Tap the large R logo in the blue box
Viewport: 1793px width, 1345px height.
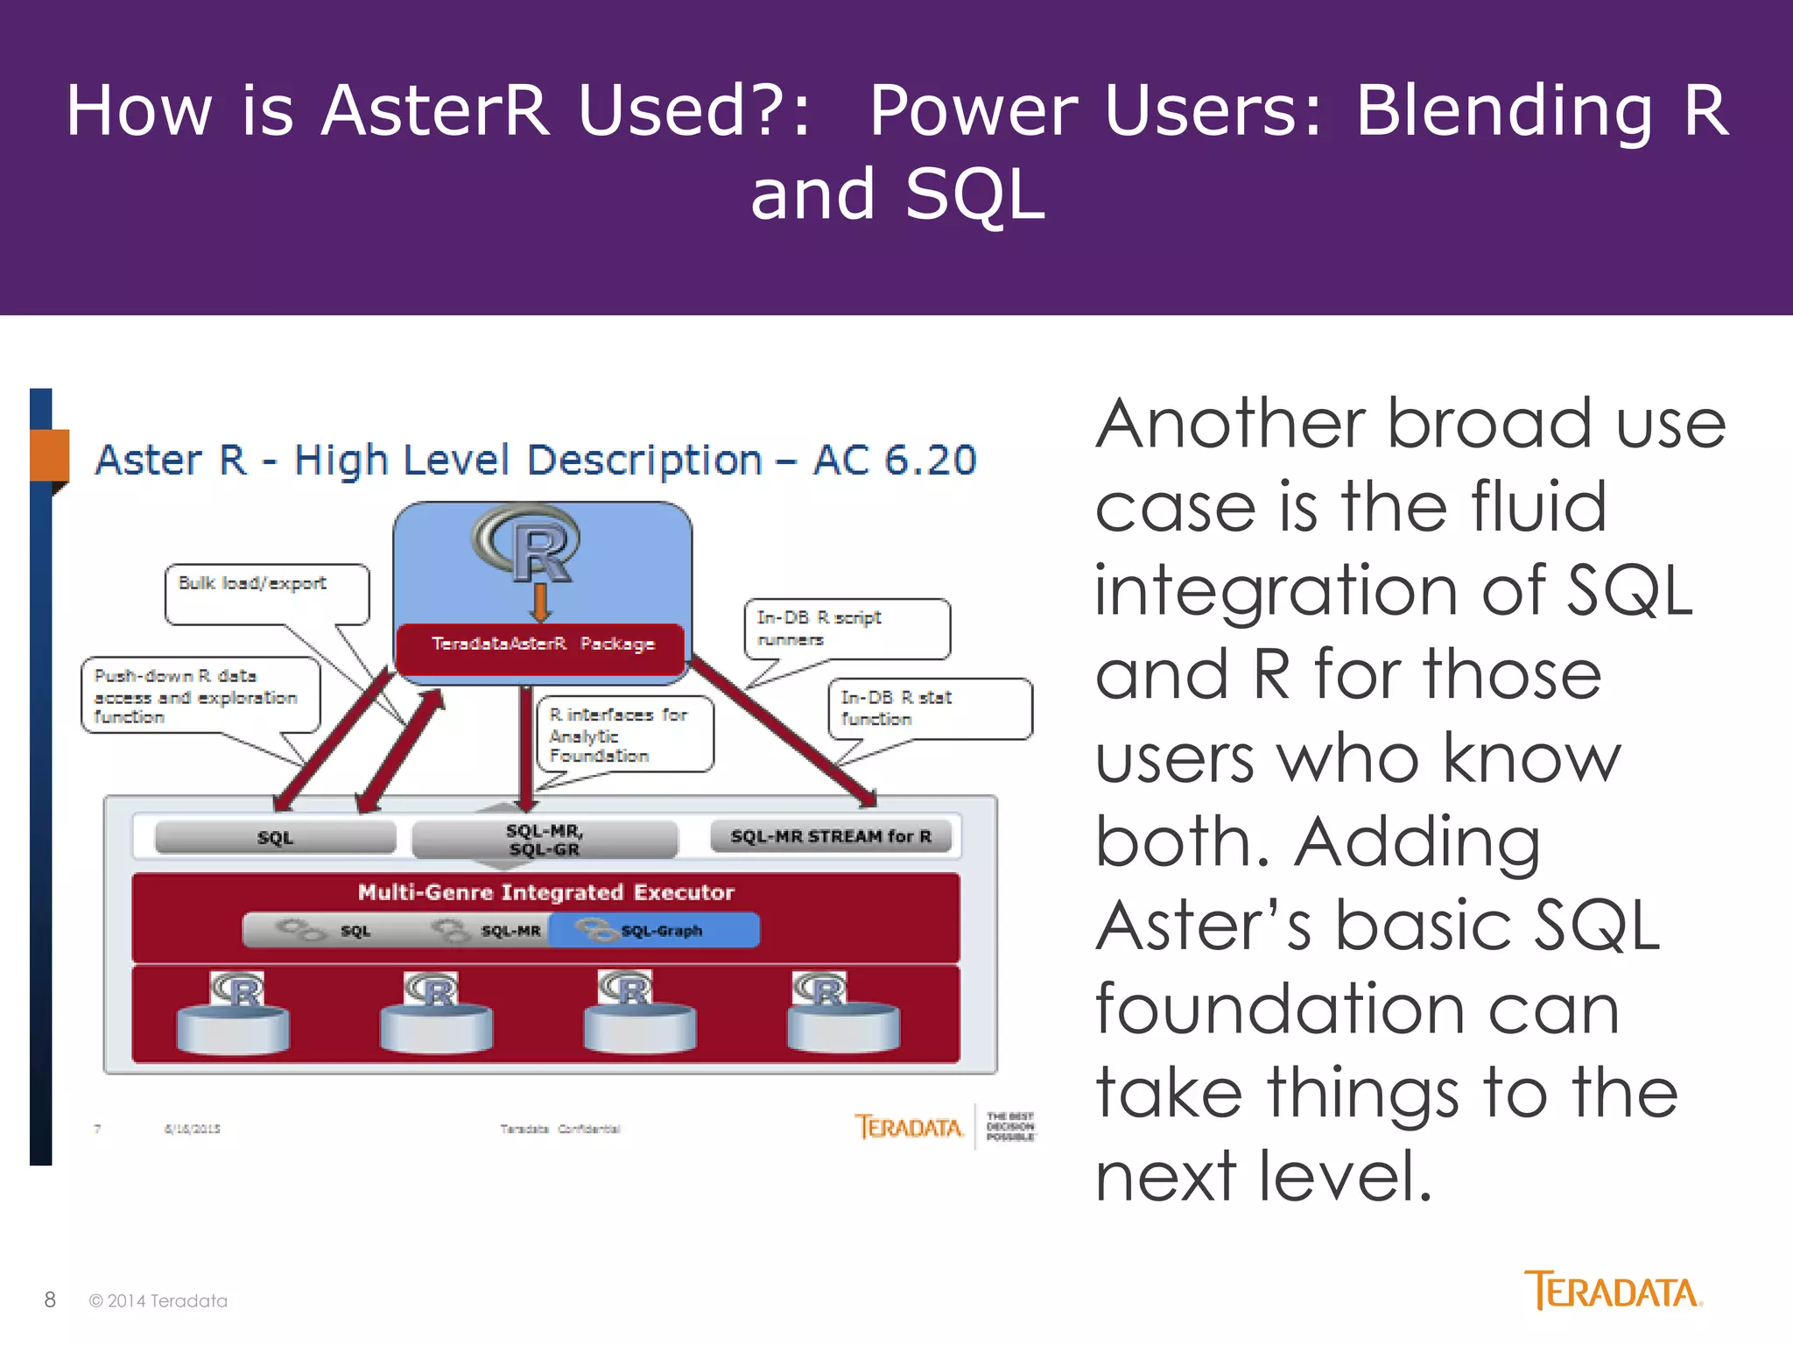(x=528, y=543)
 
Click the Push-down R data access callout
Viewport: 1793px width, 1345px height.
(x=200, y=696)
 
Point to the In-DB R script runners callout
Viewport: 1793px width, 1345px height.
(x=845, y=628)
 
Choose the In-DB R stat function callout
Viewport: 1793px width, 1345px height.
(x=929, y=708)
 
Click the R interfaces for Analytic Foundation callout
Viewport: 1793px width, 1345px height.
(x=624, y=734)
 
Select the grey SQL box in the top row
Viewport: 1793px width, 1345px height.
(x=275, y=837)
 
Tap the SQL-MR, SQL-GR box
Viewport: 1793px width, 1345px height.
(x=544, y=839)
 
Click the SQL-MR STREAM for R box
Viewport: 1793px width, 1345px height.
(x=830, y=836)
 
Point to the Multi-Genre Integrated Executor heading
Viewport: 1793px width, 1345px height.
(x=545, y=892)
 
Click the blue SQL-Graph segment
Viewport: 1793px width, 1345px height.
(x=654, y=931)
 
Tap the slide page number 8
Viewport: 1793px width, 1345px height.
(x=50, y=1299)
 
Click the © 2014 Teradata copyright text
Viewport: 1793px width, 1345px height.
(x=158, y=1301)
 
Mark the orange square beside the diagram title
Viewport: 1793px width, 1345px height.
(x=49, y=454)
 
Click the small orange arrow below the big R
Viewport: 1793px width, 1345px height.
(x=541, y=602)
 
